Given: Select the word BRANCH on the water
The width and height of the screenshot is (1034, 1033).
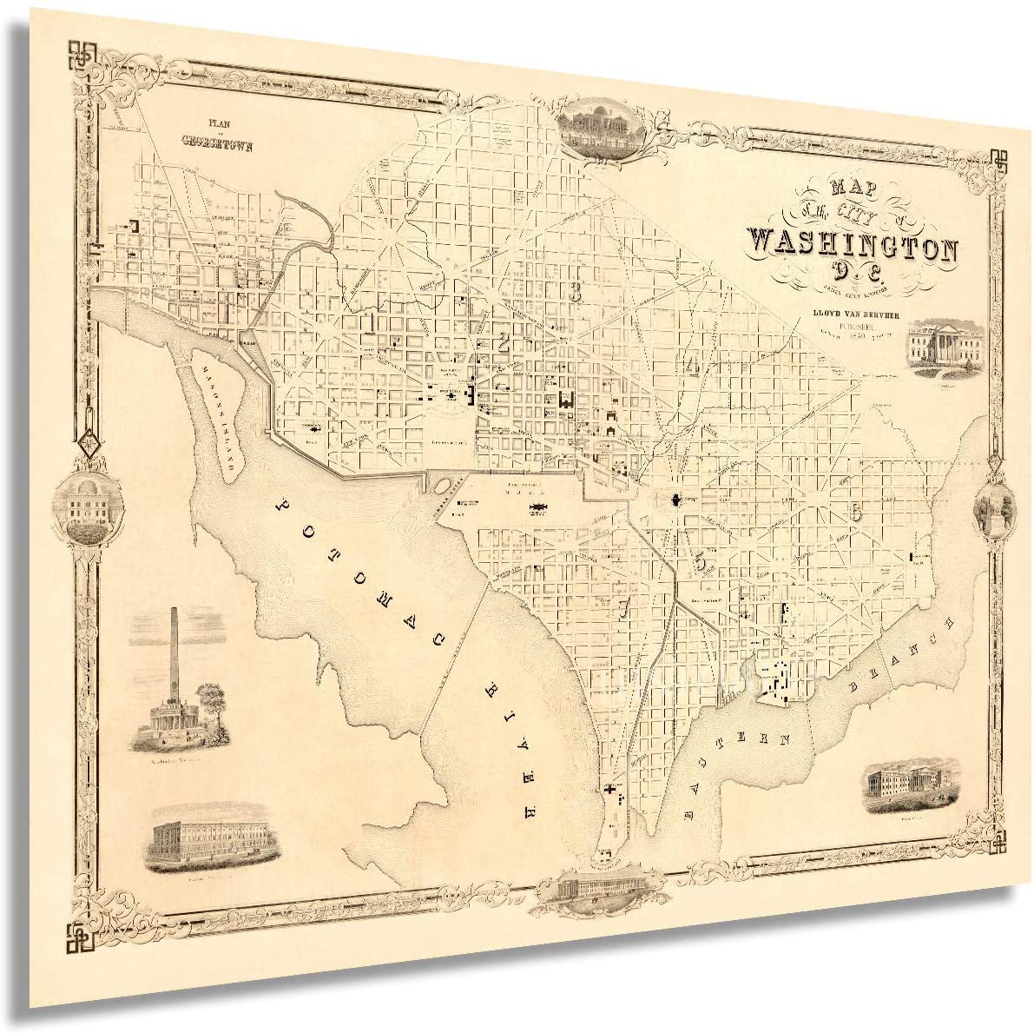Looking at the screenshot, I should pos(906,658).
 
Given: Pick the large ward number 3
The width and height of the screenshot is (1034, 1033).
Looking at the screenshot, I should pos(574,292).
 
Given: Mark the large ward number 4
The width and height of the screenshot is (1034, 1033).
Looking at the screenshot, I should pos(691,366).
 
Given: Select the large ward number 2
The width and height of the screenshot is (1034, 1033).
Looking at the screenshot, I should pos(503,341).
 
